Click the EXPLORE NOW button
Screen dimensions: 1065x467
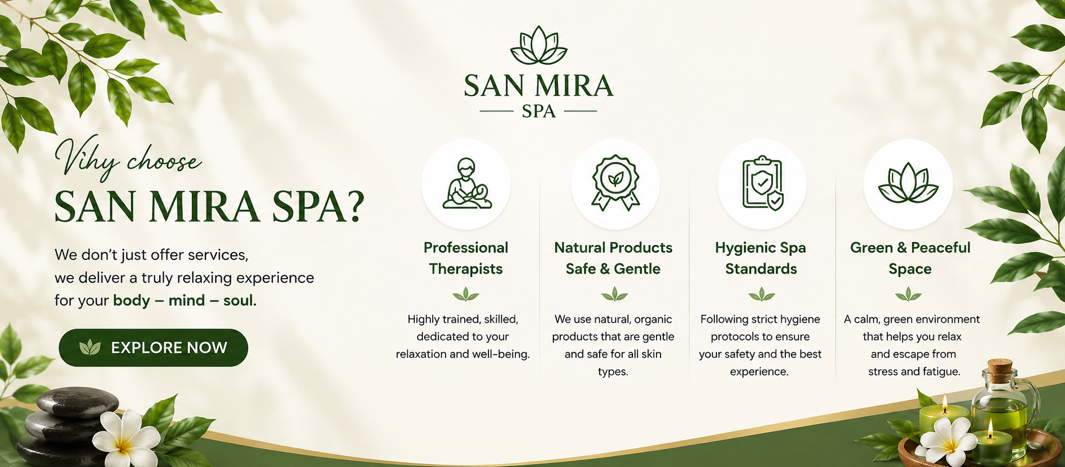(x=153, y=348)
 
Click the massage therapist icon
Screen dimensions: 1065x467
(x=466, y=184)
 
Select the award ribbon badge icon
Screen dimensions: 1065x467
(x=615, y=183)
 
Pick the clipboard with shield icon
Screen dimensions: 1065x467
(x=762, y=183)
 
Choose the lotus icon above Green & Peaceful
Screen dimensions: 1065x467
(x=908, y=183)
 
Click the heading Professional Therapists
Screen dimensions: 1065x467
(x=466, y=258)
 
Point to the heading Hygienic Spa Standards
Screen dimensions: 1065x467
(x=761, y=258)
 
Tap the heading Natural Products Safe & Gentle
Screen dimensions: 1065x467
(x=613, y=258)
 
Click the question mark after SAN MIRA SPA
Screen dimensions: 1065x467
(x=353, y=206)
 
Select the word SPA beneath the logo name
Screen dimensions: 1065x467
(x=538, y=111)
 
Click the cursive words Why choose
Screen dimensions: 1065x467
(x=128, y=160)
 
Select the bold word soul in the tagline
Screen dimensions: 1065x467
(x=240, y=301)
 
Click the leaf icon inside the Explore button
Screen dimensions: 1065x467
(x=90, y=348)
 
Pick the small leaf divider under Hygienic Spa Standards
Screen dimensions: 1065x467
(x=762, y=294)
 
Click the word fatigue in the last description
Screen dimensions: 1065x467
(x=942, y=371)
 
